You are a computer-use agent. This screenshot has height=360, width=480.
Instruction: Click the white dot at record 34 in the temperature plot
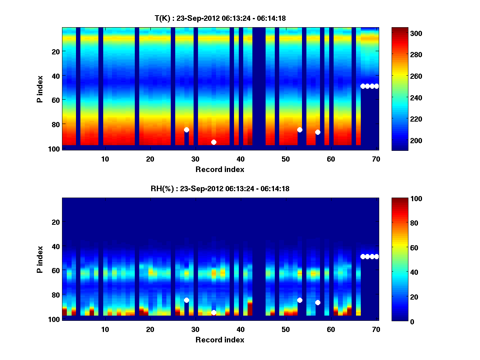214,142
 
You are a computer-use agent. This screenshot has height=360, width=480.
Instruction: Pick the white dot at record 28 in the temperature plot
186,130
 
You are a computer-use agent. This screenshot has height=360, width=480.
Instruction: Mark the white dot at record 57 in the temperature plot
318,132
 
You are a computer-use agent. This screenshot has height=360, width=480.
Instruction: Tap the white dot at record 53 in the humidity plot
300,300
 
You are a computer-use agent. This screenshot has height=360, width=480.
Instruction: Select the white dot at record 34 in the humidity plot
214,312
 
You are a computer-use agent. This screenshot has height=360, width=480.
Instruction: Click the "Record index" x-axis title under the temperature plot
220,170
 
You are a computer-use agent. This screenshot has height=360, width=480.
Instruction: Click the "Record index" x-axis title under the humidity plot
220,340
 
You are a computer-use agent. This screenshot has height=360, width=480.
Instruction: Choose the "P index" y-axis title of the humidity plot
40,259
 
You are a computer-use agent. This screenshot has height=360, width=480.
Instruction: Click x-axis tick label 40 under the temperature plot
240,159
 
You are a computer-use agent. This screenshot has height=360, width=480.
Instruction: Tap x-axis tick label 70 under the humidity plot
376,329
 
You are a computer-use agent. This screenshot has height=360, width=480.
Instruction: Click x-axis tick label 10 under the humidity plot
105,329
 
